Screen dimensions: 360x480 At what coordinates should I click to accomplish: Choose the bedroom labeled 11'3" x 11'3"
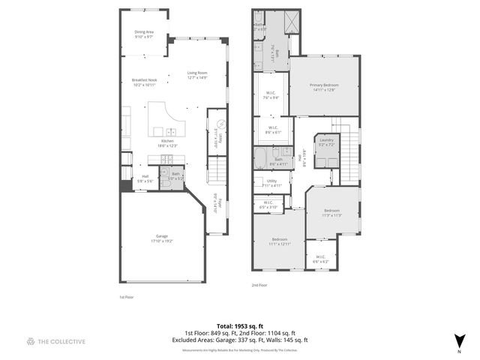[x=333, y=212]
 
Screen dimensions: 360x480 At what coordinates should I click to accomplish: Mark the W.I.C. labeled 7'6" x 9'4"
[x=271, y=96]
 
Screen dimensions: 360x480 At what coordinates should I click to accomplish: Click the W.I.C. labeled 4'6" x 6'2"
[x=320, y=259]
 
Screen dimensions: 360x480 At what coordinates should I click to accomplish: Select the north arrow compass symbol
[x=458, y=340]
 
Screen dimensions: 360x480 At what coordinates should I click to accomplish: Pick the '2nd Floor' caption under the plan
[x=260, y=285]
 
